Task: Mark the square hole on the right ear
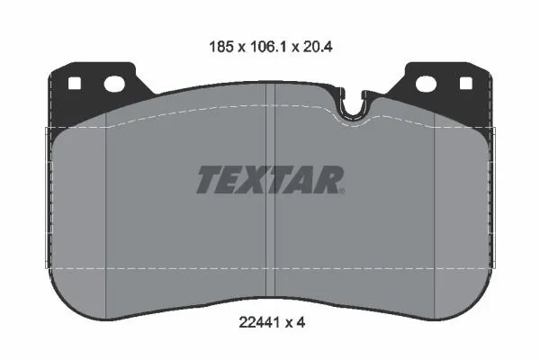465,85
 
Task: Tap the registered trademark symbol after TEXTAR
341,189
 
